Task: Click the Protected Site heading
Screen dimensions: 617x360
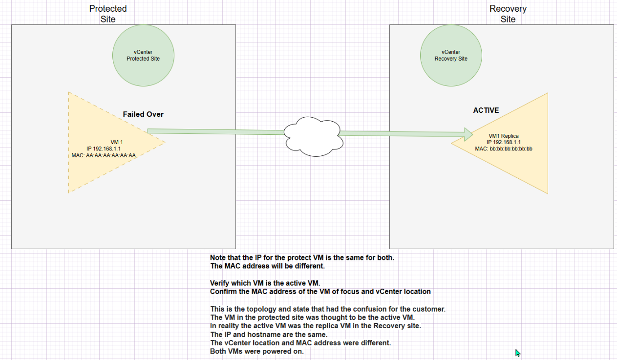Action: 108,14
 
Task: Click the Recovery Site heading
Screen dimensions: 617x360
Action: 508,14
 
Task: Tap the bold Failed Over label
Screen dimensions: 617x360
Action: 143,114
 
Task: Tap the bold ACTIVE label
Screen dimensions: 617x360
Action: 486,110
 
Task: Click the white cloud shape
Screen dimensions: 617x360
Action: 314,137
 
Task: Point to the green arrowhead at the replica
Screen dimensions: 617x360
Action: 468,134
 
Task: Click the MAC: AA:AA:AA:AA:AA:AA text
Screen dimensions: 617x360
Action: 104,155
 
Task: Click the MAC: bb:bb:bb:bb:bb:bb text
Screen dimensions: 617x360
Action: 504,149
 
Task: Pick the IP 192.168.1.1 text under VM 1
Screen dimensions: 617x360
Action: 104,148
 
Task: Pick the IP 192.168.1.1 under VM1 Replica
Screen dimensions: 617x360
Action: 504,143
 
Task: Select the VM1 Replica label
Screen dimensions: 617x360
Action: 504,136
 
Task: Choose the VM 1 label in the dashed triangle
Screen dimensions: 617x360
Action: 117,142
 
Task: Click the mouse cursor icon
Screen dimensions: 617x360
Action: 517,353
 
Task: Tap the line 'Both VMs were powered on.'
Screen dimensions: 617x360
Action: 256,352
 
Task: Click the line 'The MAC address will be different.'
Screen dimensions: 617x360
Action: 267,266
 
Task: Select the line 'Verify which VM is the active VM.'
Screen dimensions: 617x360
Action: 265,283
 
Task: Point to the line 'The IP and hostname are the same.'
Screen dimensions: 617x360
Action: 269,335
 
